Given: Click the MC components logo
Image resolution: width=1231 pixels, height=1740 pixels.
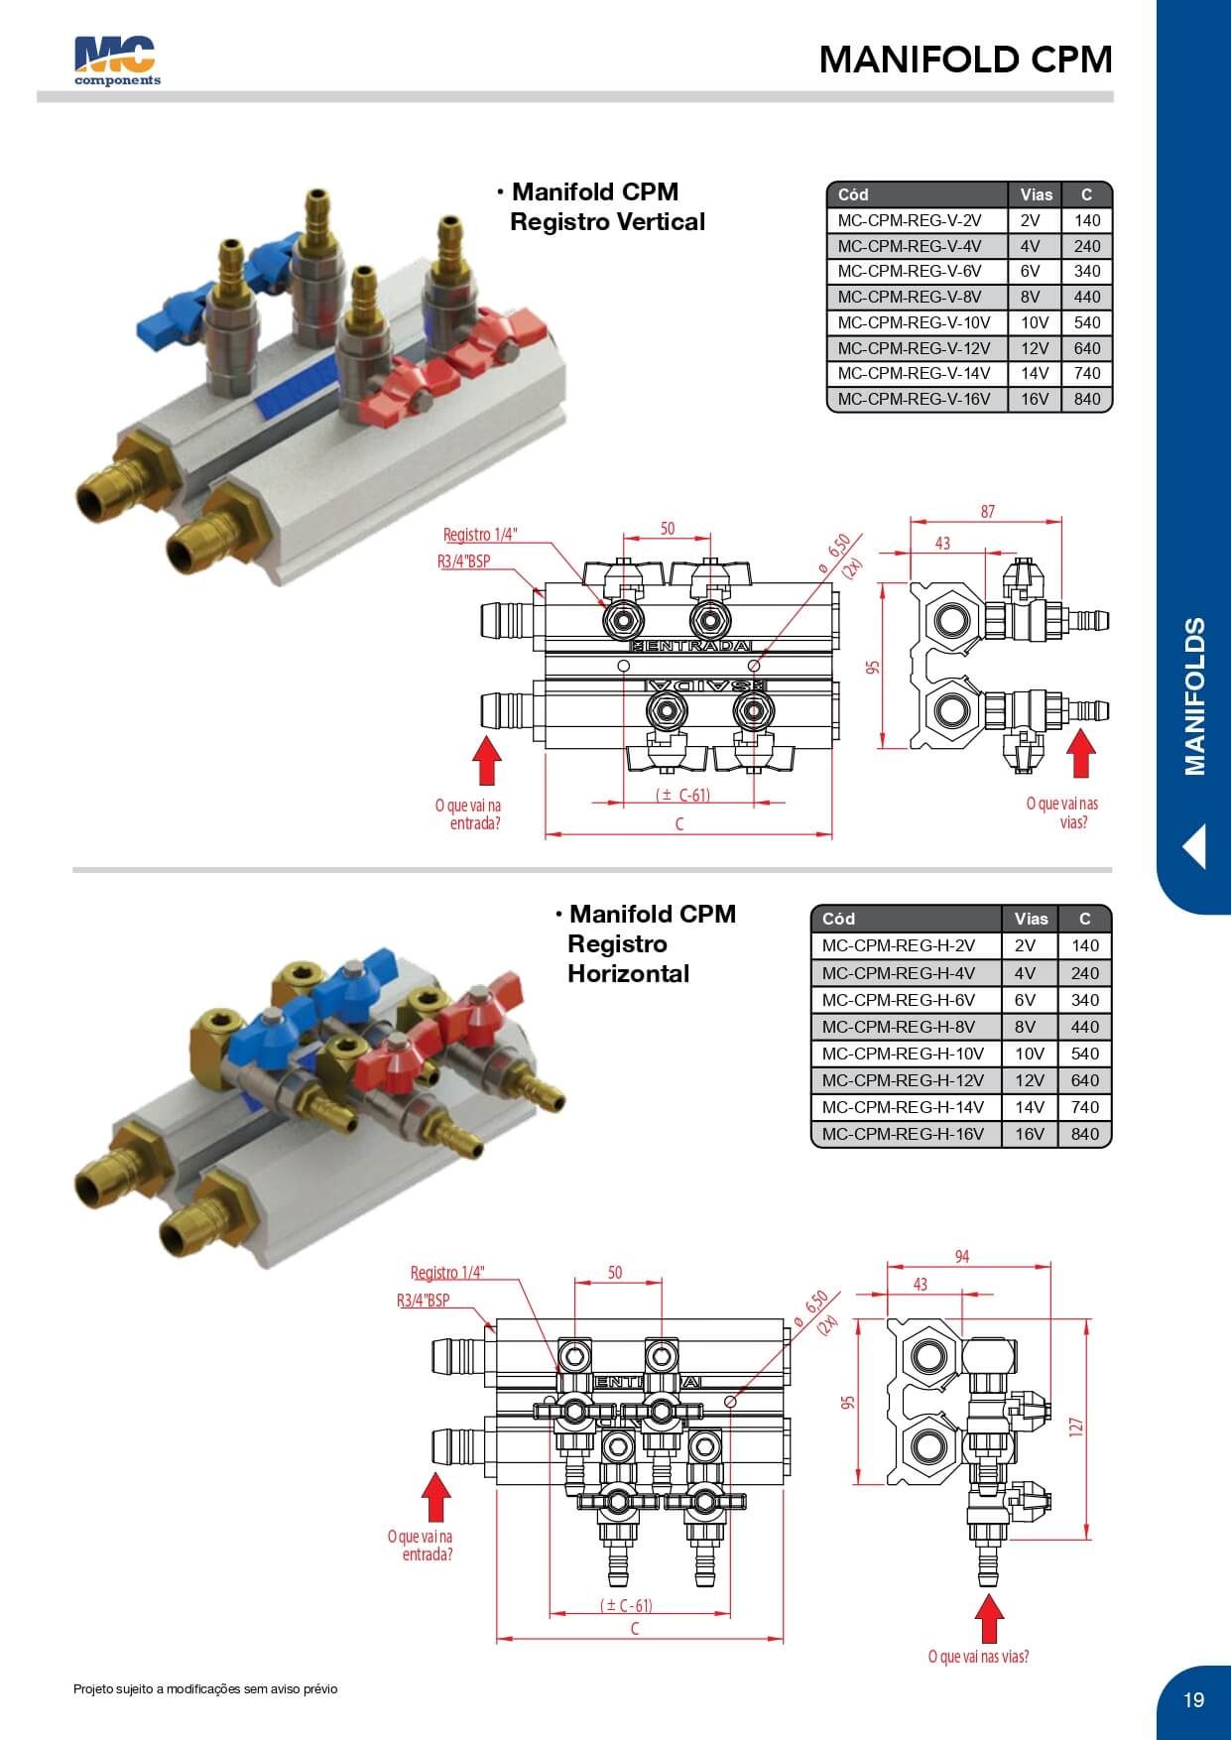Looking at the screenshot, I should [116, 61].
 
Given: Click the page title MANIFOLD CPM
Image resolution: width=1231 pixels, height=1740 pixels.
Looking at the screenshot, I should [965, 60].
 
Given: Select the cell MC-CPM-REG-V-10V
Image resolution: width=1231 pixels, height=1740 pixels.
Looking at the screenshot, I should [914, 322].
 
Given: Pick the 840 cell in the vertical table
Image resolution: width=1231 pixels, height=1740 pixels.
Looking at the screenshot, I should [1086, 399].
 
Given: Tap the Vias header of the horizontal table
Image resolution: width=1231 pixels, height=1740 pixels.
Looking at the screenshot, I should [1031, 919].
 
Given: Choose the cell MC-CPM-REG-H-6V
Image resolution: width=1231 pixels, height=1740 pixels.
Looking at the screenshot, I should [898, 1000].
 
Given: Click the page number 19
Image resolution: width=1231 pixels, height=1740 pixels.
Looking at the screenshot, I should [1193, 1699].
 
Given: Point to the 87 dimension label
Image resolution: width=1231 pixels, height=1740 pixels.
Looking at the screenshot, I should [987, 512].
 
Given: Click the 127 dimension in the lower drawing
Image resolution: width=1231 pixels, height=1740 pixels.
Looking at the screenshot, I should [1077, 1427].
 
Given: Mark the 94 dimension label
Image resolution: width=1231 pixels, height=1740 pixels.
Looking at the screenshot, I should [961, 1257].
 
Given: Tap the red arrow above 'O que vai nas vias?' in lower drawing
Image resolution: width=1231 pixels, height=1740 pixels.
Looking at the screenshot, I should [989, 1618].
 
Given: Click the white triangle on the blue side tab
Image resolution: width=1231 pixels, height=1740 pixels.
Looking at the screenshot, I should [1194, 847].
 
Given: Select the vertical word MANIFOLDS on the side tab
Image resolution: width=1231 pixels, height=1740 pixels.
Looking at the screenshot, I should [1195, 696].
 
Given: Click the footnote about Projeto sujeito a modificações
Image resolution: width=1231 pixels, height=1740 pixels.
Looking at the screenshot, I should [205, 1688].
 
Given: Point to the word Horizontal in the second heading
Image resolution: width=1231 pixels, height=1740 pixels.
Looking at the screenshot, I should [628, 973].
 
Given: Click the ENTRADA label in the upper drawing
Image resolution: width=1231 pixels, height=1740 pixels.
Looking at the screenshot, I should [691, 647].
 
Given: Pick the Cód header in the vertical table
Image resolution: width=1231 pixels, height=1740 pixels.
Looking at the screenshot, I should [853, 194].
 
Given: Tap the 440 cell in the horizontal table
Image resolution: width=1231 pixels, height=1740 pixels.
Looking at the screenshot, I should [1084, 1027].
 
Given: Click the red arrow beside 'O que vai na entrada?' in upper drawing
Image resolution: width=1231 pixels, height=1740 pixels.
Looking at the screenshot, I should [486, 762].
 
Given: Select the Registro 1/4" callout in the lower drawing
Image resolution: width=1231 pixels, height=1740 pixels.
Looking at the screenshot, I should [447, 1273].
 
